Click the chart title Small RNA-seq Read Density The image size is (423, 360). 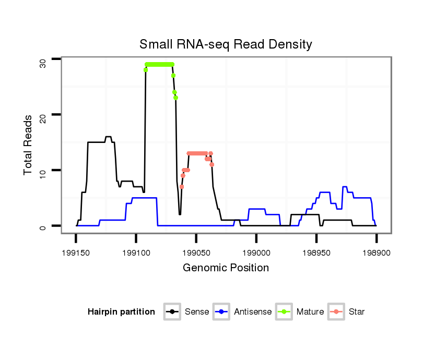coord(226,44)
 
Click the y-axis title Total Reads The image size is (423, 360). coord(28,145)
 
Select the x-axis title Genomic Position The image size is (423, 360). coord(226,268)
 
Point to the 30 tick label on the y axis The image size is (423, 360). coord(43,63)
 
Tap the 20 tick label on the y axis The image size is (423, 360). coord(43,118)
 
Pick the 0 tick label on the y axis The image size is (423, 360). coord(43,227)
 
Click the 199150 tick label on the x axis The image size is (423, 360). coord(76,251)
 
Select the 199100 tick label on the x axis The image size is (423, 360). coord(136,251)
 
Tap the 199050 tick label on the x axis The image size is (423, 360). coord(196,251)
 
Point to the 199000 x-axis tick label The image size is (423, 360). coord(256,251)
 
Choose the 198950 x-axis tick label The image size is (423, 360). coord(316,251)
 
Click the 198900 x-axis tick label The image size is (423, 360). coord(376,251)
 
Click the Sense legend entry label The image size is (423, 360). coord(197,312)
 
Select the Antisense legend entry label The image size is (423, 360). coord(253,312)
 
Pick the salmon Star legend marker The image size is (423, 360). coord(336,312)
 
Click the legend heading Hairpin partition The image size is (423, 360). coord(121,312)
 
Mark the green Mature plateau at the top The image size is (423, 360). coord(159,64)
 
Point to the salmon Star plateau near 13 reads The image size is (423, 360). coord(197,153)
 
